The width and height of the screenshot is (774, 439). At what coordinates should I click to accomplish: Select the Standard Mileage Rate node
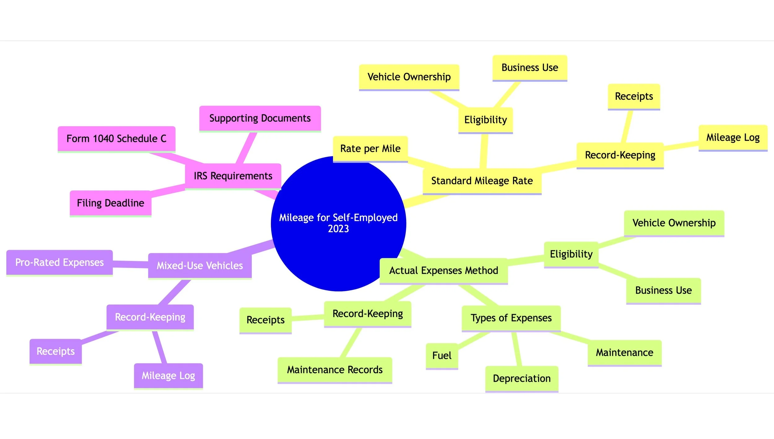482,181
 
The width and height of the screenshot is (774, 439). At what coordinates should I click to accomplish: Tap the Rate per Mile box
370,148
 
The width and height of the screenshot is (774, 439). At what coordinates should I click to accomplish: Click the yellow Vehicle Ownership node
409,77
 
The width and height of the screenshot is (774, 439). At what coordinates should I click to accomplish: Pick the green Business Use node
663,290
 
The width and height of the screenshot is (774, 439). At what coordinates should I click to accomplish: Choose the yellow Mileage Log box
733,137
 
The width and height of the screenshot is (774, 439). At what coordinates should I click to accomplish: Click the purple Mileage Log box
168,375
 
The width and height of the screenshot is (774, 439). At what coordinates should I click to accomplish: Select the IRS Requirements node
233,176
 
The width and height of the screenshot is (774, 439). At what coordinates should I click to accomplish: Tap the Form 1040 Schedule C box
116,138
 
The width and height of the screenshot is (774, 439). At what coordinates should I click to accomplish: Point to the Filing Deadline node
111,203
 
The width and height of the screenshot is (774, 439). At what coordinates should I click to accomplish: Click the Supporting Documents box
260,118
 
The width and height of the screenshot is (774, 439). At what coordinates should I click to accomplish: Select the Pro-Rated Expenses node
59,262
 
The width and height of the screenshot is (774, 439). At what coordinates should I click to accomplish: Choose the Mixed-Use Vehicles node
200,266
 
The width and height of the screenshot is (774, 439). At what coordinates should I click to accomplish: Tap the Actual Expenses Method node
443,270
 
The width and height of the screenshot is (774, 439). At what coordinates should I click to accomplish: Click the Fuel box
441,355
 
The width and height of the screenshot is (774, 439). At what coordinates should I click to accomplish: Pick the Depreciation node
521,378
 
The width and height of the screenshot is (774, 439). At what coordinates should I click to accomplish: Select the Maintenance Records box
335,370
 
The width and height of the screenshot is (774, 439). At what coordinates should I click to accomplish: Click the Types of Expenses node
511,318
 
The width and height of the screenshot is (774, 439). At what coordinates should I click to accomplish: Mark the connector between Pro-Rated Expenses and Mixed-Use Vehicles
130,264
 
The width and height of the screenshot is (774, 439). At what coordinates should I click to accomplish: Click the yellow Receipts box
634,96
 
